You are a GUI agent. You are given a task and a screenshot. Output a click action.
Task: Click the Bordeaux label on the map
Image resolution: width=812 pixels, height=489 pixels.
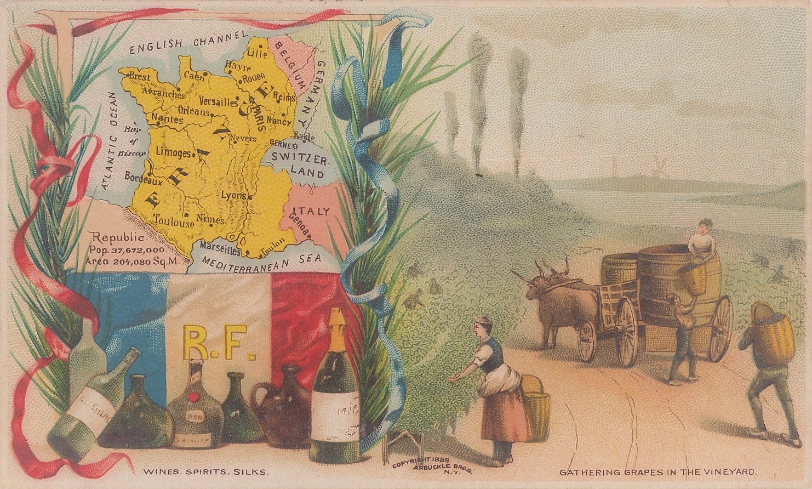pyautogui.click(x=144, y=178)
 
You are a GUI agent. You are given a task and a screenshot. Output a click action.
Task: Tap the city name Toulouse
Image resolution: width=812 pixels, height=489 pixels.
pyautogui.click(x=174, y=223)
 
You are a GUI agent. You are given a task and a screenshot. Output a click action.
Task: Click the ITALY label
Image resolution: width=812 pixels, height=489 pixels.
pyautogui.click(x=311, y=211)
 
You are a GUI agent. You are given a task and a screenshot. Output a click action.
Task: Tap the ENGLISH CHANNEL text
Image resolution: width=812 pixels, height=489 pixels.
pyautogui.click(x=185, y=43)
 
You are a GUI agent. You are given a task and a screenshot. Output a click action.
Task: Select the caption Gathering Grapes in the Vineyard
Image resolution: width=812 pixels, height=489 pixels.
pyautogui.click(x=658, y=471)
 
